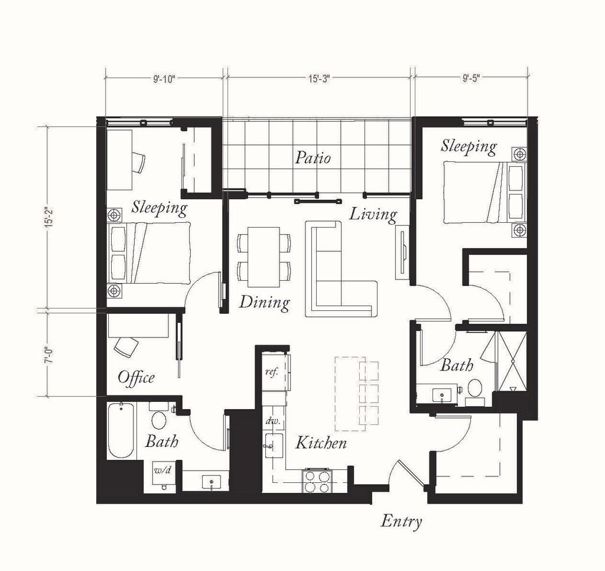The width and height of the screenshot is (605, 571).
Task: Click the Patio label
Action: pos(313,158)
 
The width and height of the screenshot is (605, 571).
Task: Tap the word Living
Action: pos(373,215)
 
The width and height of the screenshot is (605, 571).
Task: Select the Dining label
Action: pos(264,302)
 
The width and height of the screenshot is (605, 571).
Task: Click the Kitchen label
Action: pos(321,443)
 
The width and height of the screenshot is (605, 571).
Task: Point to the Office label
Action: pos(136,377)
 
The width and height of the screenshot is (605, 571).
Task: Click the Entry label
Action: pos(401,521)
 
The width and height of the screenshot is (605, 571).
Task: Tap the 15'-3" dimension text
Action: pos(320,79)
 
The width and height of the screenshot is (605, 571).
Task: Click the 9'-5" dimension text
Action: pos(471,79)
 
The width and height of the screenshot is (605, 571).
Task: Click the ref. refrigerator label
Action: pos(272,372)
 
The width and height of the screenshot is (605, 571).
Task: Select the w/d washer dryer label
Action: pos(163,471)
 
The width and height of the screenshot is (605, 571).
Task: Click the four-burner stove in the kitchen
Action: pos(317,481)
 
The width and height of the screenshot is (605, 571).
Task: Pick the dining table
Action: pos(264,257)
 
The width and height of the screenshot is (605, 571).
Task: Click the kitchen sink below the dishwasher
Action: pos(274,446)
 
